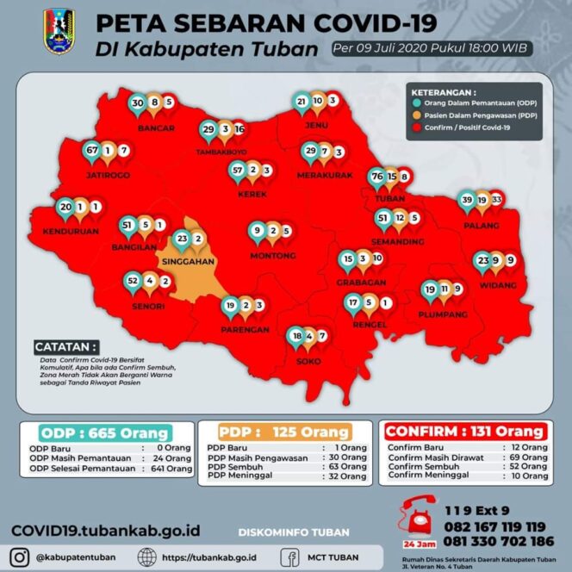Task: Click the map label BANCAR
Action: tap(156, 128)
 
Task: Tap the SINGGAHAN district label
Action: tap(186, 258)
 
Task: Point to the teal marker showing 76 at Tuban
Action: tap(376, 177)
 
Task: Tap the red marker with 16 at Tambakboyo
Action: tap(239, 129)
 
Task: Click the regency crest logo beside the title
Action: tap(59, 31)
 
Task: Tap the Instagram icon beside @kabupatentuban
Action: tap(21, 556)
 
